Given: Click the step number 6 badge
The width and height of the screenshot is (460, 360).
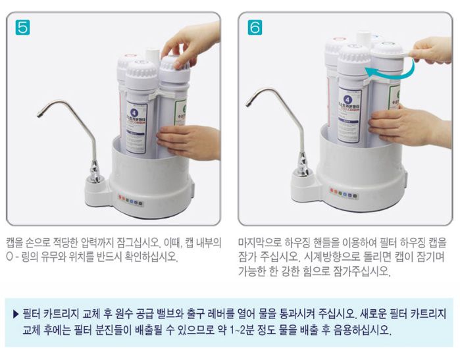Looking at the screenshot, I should tap(255, 28).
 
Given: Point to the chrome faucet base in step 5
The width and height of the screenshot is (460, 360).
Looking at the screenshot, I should tap(94, 172).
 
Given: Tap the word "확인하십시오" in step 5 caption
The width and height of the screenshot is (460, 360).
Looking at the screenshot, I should tap(148, 257).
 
